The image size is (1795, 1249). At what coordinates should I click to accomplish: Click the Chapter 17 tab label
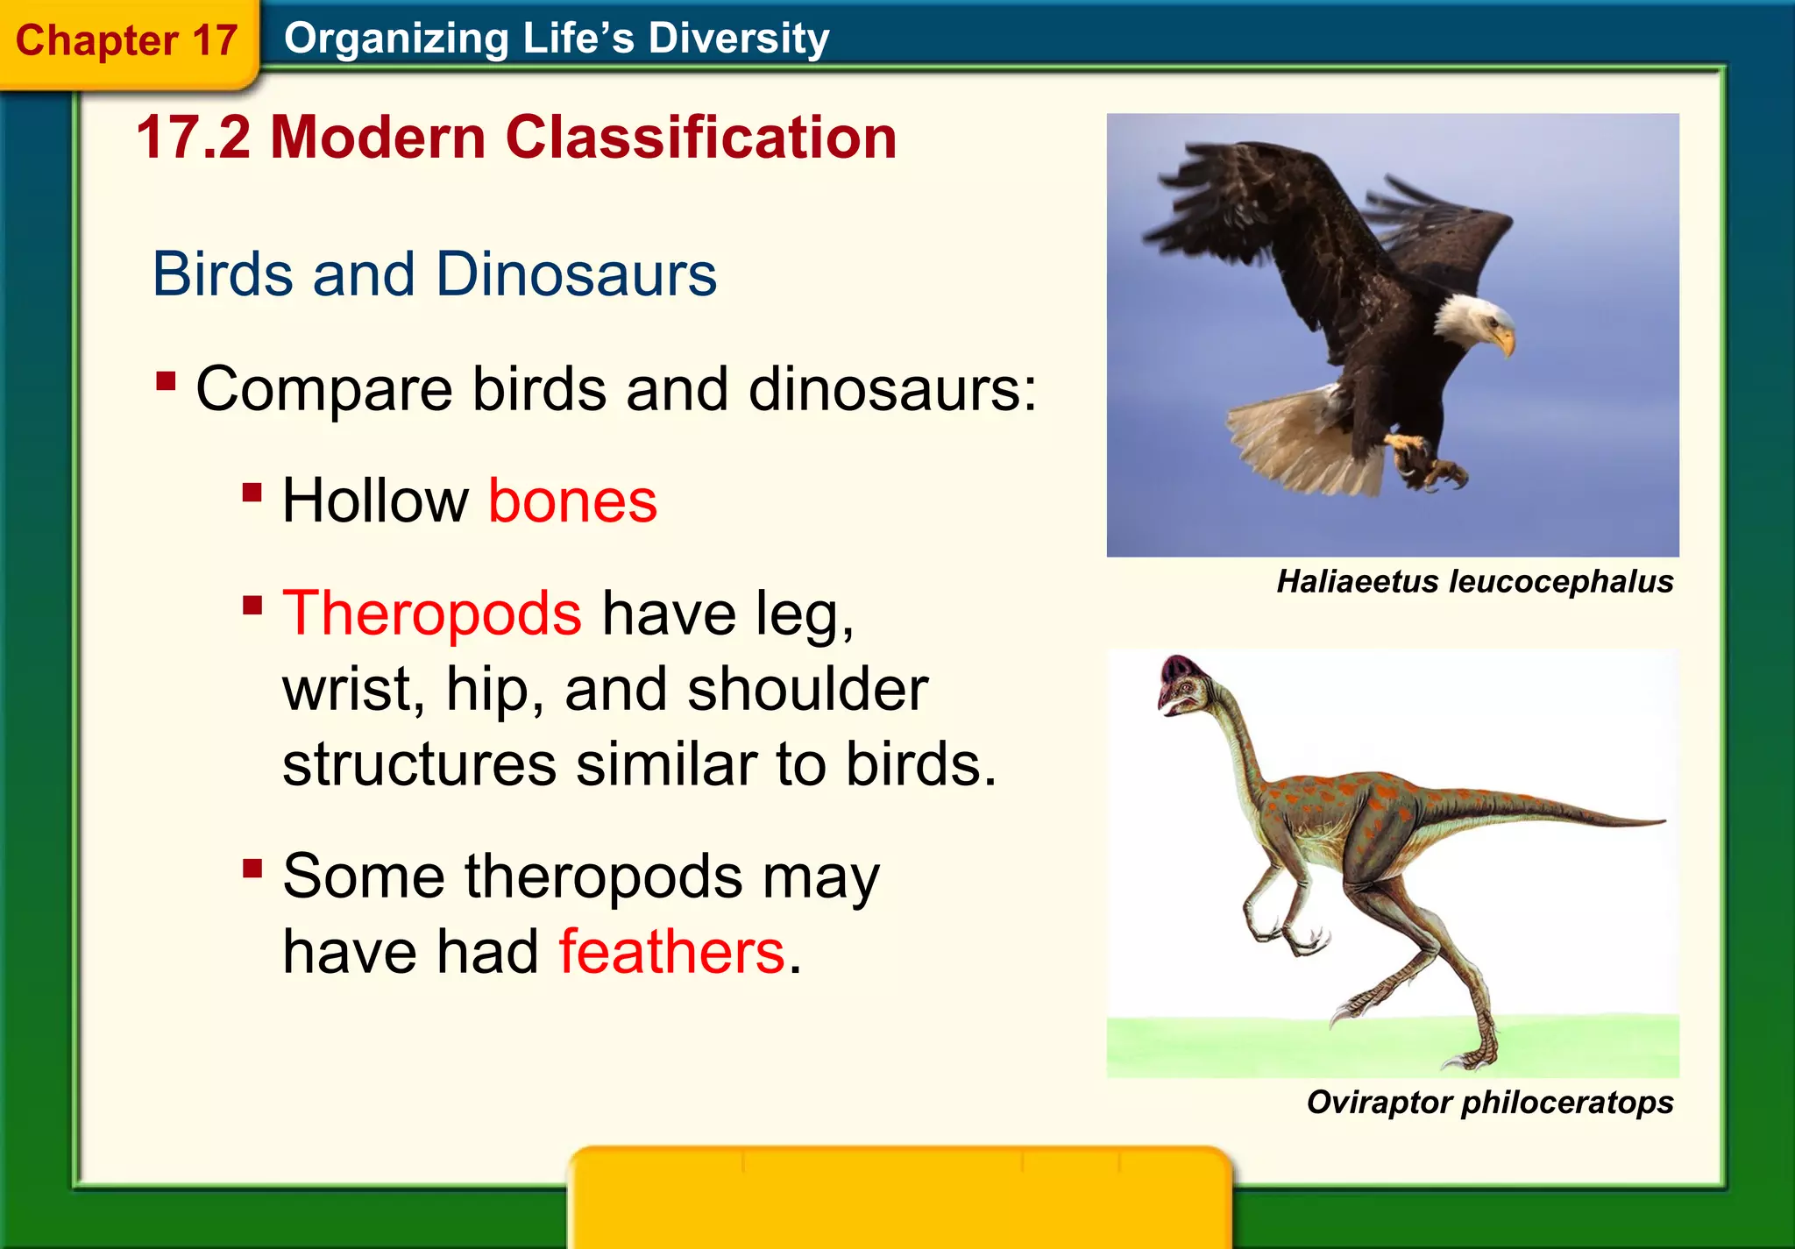click(x=126, y=40)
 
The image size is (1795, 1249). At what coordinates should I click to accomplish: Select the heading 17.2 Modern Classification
click(x=516, y=138)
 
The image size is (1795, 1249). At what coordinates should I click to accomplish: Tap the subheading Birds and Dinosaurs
click(x=434, y=274)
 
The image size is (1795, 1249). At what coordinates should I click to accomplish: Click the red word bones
click(x=571, y=501)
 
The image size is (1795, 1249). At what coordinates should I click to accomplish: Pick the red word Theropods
click(x=431, y=613)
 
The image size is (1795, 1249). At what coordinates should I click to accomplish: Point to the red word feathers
click(x=671, y=952)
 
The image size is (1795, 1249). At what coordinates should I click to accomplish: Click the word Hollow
click(x=375, y=501)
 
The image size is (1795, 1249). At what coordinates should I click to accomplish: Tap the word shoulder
click(x=807, y=689)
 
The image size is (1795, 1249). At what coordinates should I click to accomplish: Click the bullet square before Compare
click(x=166, y=381)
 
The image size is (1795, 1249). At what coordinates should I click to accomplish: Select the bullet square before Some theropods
click(x=252, y=869)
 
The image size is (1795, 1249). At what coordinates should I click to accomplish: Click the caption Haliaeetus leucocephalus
click(x=1474, y=582)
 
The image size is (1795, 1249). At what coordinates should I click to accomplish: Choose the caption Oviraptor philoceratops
click(x=1489, y=1102)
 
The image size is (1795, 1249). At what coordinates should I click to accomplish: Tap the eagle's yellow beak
click(x=1505, y=340)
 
